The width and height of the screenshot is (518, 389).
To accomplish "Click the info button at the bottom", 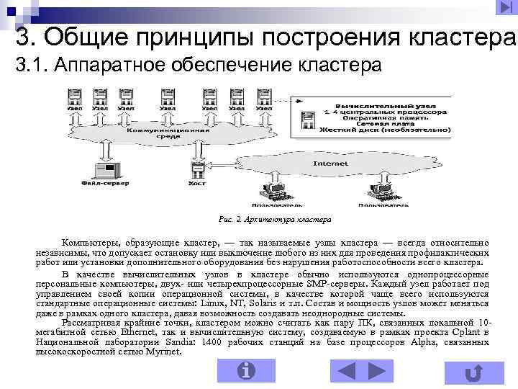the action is click(246, 370).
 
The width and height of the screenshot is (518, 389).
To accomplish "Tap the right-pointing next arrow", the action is click(376, 370).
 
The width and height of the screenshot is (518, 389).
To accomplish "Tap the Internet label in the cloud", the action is click(330, 164).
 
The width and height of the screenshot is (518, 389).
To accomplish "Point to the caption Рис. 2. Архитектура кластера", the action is click(274, 218).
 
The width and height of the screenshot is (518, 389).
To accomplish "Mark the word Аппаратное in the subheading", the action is click(110, 66).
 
